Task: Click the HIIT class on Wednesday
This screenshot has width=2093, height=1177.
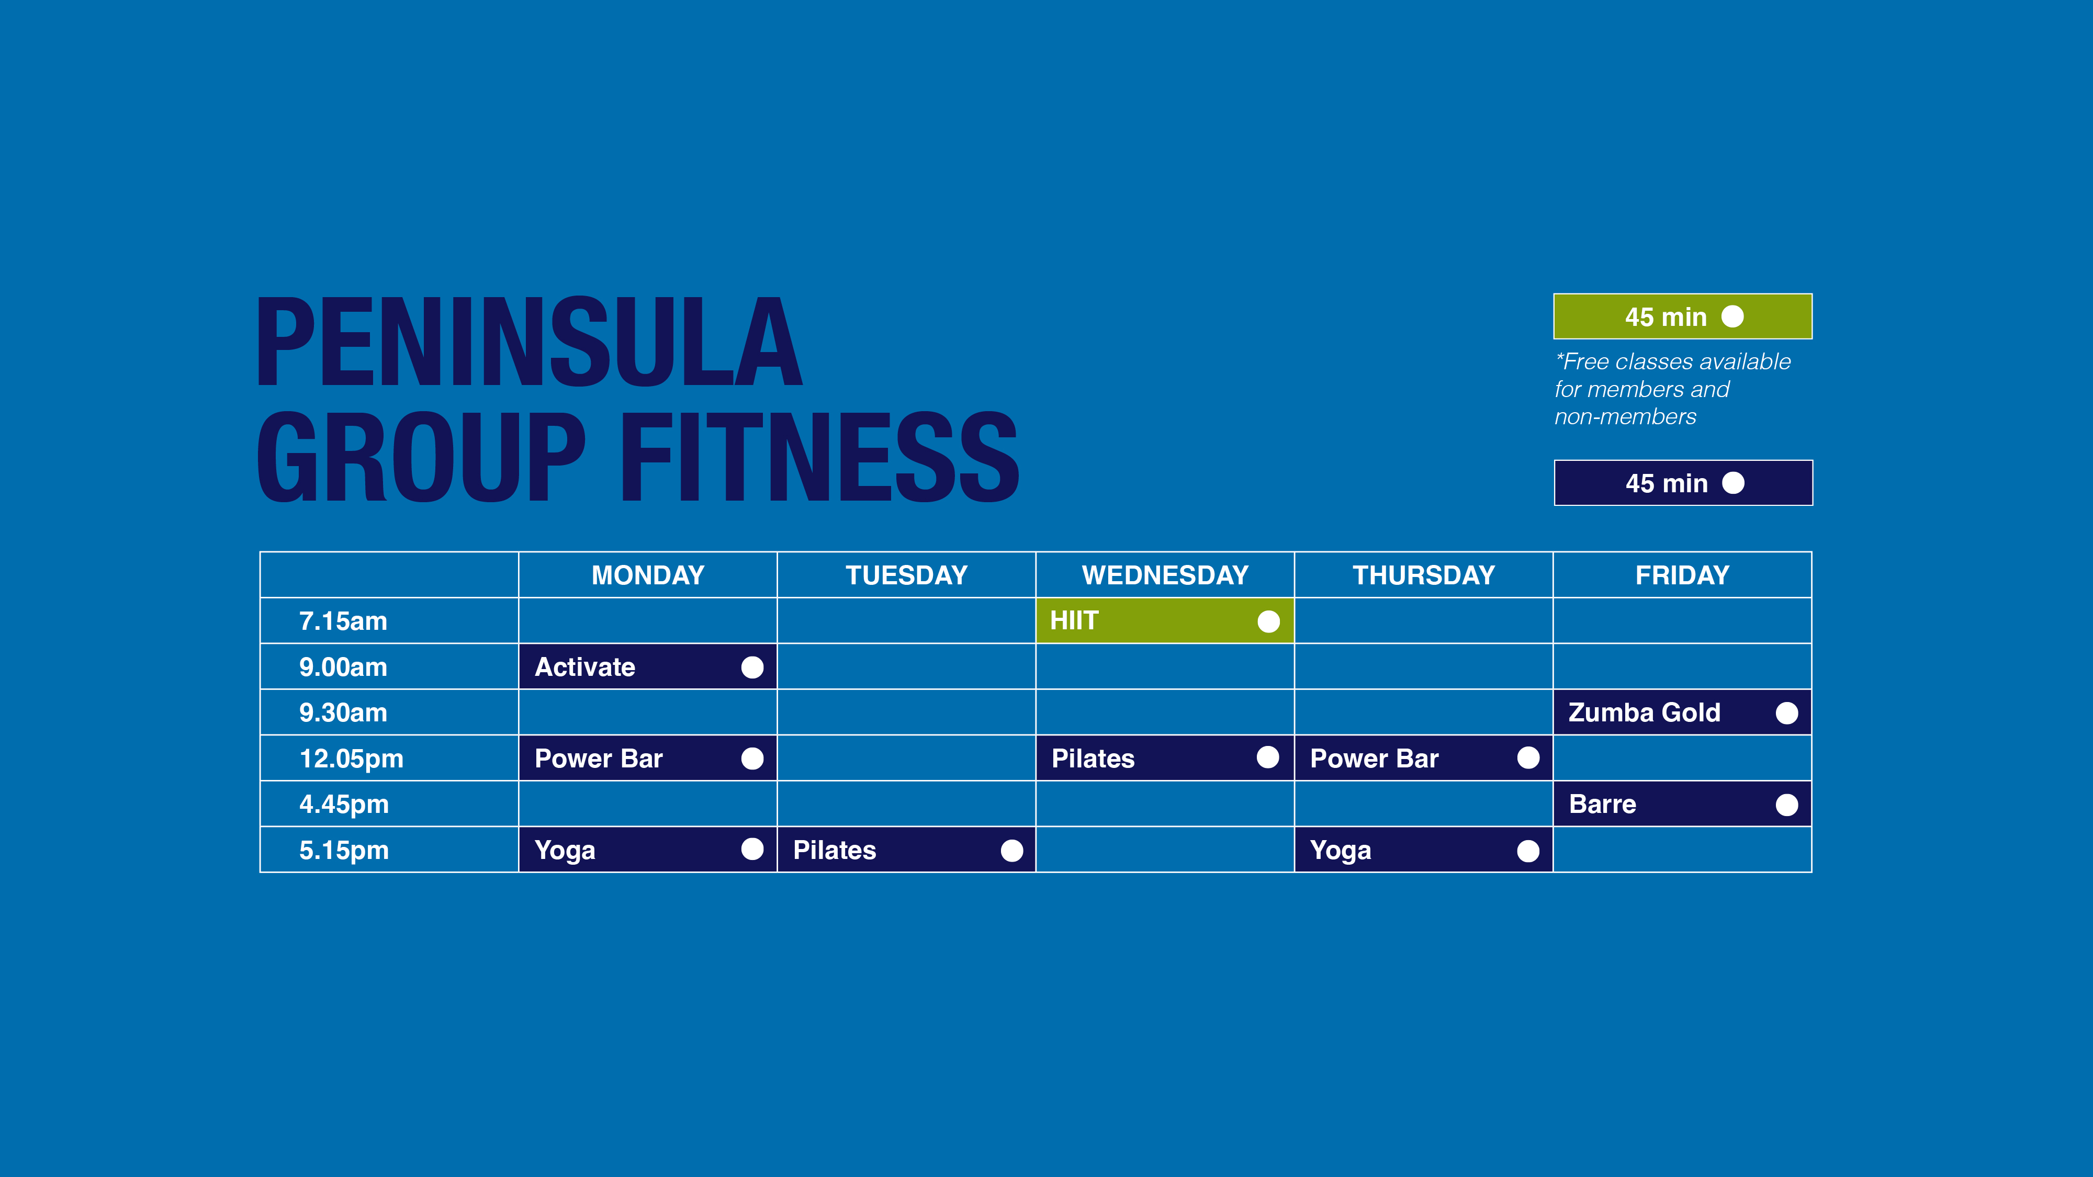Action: click(1164, 620)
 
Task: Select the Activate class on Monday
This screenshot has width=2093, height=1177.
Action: click(648, 667)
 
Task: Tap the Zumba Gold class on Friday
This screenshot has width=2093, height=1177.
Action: click(1682, 712)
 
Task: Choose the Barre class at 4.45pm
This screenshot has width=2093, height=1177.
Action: click(1682, 804)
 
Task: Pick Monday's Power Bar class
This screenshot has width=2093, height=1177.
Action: click(648, 758)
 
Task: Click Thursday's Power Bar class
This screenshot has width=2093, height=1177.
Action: click(1423, 758)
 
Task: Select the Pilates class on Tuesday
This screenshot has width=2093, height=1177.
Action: click(906, 850)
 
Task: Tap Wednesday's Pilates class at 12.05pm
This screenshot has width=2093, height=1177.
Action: click(1164, 758)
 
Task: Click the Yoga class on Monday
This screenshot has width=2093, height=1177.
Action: click(648, 850)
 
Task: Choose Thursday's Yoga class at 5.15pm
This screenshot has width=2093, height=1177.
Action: click(1423, 850)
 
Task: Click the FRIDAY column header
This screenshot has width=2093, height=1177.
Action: click(1682, 575)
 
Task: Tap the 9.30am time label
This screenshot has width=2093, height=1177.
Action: click(343, 712)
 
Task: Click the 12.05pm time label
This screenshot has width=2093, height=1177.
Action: click(351, 759)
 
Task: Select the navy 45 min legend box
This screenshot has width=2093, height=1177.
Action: click(1683, 482)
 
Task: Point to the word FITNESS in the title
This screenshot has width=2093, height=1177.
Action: click(820, 457)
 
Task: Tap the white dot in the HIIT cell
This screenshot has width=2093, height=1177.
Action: click(1268, 621)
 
